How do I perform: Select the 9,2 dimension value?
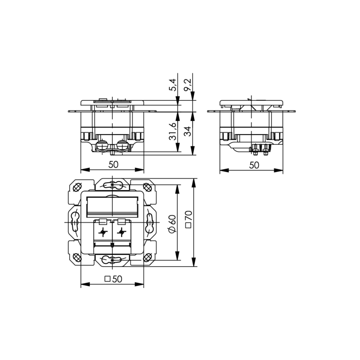[x=188, y=85]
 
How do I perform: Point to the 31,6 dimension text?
[x=172, y=131]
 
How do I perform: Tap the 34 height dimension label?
[x=188, y=131]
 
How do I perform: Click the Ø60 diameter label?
[x=172, y=224]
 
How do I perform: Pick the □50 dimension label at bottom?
[x=113, y=279]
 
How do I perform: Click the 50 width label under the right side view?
[x=254, y=165]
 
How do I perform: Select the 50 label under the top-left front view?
[x=113, y=164]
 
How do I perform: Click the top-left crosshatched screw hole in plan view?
[x=77, y=187]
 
